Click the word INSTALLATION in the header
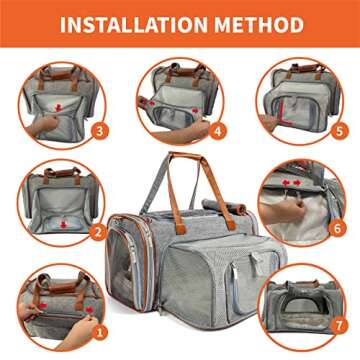point(134,24)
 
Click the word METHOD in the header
point(259,24)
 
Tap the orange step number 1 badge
point(100,331)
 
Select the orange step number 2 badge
point(98,232)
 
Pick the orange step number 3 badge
point(100,131)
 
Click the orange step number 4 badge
point(217,131)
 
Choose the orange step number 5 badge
point(339,131)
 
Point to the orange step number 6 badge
point(337,228)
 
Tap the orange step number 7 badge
point(339,325)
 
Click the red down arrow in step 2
point(63,224)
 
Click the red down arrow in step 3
point(59,107)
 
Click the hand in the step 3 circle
point(42,126)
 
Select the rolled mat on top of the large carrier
point(224,206)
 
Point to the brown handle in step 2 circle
point(62,174)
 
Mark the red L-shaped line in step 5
point(283,112)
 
